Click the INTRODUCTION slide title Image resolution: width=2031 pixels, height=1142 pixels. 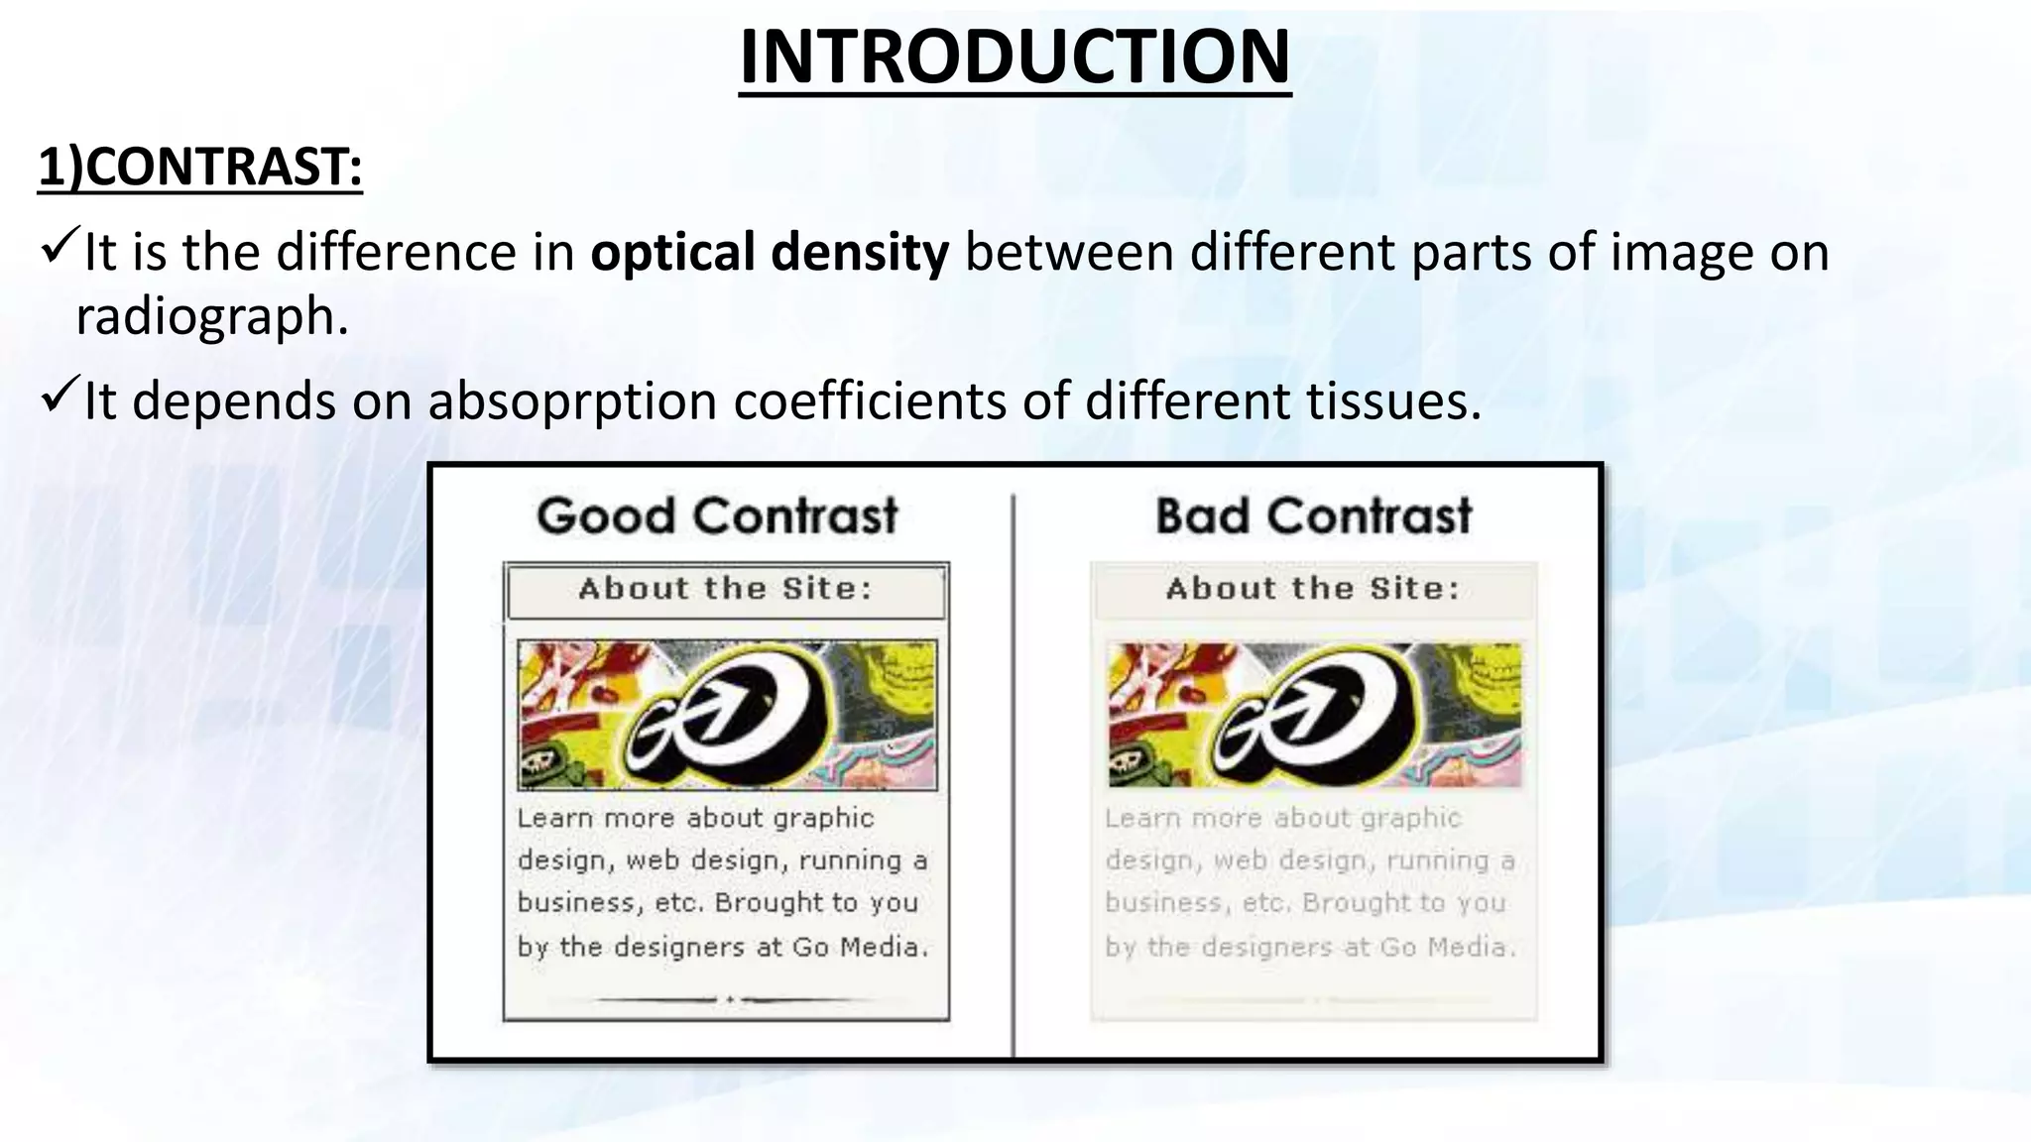(1015, 57)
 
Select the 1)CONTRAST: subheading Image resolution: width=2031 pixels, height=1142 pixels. (200, 167)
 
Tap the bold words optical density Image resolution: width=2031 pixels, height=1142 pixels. (770, 252)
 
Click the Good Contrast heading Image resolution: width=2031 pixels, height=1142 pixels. (717, 516)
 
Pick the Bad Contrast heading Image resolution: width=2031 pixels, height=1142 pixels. (1313, 516)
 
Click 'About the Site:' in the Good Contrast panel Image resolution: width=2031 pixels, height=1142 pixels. (725, 590)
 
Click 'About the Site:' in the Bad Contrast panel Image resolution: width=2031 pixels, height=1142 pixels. (1313, 590)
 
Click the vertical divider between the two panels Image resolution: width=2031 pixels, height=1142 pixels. (1013, 773)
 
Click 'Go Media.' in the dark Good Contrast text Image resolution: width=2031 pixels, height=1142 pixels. (860, 948)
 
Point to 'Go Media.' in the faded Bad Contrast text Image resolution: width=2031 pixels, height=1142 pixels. (1448, 948)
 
